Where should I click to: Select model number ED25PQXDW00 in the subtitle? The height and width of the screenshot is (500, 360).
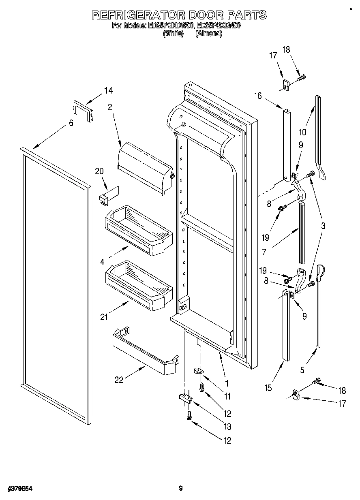(x=171, y=26)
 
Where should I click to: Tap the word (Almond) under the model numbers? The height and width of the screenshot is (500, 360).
(x=208, y=34)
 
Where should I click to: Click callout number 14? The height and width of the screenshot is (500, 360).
(x=108, y=91)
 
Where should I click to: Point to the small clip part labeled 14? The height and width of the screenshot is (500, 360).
(x=83, y=111)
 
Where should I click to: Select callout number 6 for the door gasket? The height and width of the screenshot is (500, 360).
(x=71, y=123)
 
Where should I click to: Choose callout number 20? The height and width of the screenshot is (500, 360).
(x=99, y=171)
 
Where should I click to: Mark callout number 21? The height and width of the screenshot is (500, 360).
(x=105, y=317)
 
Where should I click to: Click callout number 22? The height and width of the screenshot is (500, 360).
(x=119, y=380)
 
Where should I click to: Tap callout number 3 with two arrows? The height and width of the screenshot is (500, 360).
(x=323, y=226)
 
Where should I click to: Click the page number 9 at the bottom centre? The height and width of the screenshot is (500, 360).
(x=181, y=489)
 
